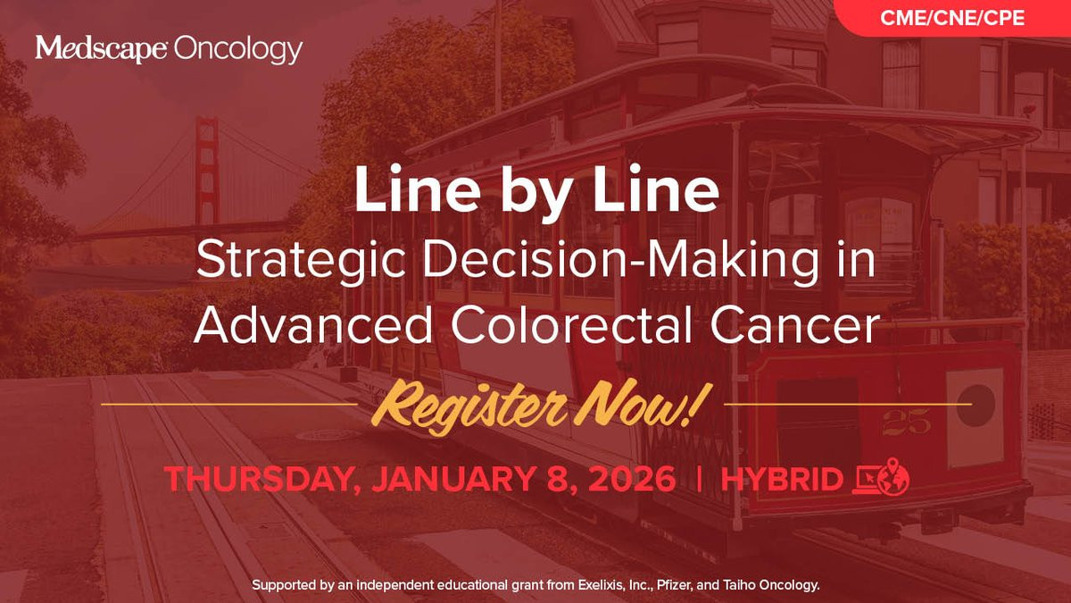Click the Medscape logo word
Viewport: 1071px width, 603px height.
[101, 48]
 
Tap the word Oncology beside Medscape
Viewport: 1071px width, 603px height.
[238, 50]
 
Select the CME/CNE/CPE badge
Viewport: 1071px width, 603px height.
[952, 18]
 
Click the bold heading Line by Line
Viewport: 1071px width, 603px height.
[536, 189]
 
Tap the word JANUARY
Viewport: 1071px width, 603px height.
[452, 478]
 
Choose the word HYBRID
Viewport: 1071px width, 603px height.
[782, 479]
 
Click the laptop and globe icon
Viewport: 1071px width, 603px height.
[881, 477]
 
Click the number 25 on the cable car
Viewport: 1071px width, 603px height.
[906, 422]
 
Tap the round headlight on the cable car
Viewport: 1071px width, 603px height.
[976, 405]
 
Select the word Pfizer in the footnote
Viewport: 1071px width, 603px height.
[672, 585]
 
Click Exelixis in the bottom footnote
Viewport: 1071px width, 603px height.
[600, 585]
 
